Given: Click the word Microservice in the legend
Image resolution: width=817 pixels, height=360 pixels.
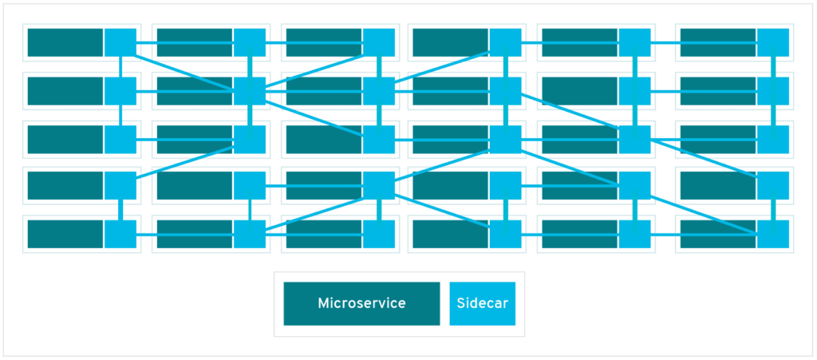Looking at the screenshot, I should click(x=361, y=303).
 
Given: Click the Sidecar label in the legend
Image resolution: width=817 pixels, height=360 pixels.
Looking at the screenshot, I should click(x=482, y=303).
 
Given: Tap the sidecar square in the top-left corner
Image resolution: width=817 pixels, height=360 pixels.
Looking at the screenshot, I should click(x=120, y=43).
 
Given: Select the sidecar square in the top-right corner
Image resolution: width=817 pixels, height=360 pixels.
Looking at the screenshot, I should click(x=772, y=43).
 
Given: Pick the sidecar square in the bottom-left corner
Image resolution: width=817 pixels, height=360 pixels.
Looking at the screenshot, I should click(x=120, y=234).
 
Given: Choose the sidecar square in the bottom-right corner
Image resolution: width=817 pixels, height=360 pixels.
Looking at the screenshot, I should click(x=772, y=234).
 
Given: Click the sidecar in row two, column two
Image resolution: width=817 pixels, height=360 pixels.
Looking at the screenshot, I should click(x=249, y=91).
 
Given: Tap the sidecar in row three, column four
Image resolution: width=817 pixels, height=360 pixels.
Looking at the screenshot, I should click(x=505, y=139).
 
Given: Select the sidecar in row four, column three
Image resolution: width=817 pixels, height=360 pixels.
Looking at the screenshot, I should click(x=379, y=186).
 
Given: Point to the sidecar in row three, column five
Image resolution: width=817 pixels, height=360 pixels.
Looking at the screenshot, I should click(x=634, y=139).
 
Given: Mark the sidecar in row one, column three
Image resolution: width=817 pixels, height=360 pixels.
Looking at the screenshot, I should click(x=379, y=43).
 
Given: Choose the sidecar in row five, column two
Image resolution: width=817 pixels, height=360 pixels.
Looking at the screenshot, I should click(x=249, y=234).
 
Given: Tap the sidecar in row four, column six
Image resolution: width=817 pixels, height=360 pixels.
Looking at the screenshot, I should click(x=772, y=186).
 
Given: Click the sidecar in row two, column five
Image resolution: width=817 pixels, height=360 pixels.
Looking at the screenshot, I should click(x=634, y=91).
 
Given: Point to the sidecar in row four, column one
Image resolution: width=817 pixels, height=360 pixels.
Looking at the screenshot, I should click(x=120, y=186).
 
